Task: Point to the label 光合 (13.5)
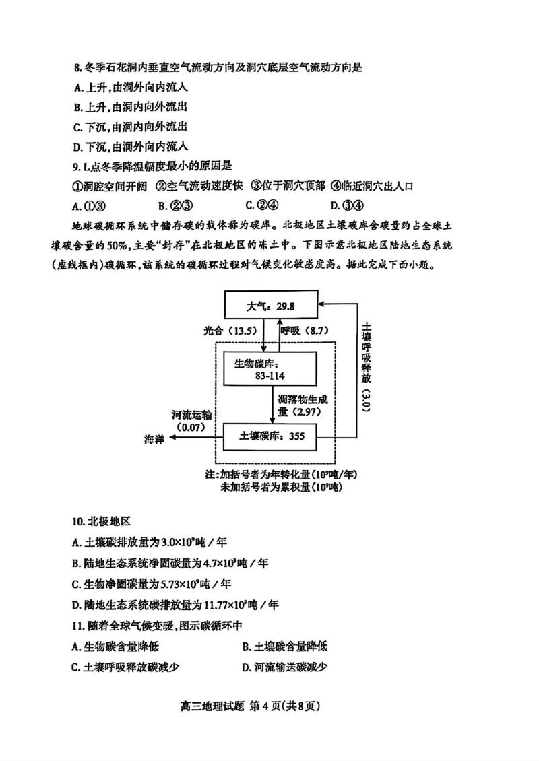click(230, 331)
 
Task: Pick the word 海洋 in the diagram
click(154, 438)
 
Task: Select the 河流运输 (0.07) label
click(191, 421)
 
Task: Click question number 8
click(77, 67)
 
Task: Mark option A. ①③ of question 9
click(89, 205)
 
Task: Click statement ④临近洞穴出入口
click(381, 186)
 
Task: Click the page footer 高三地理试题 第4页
click(268, 707)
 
